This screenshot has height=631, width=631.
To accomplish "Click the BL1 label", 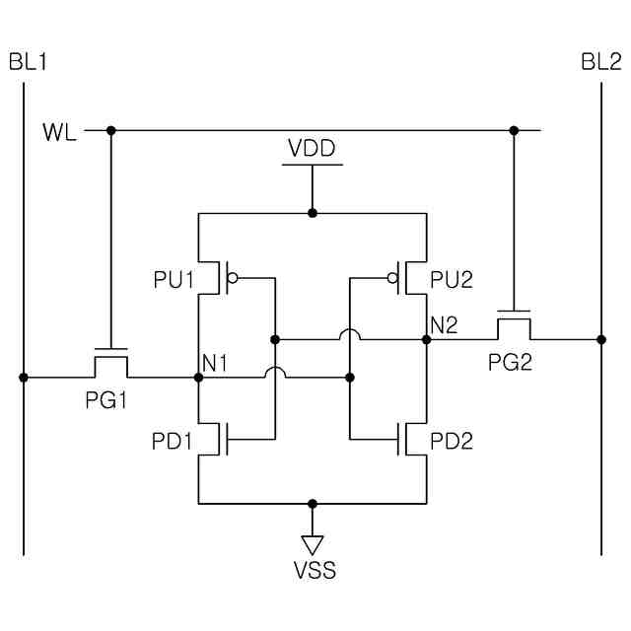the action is (x=28, y=62).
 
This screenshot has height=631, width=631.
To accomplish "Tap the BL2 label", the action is (x=601, y=62).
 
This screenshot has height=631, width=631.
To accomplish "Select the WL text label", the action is (x=59, y=132).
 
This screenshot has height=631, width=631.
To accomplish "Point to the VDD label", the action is (x=312, y=148).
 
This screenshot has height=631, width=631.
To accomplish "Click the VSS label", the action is (x=315, y=570).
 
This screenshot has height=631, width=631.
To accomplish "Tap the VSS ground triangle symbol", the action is (x=313, y=545).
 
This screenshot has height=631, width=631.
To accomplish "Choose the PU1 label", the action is (x=174, y=279).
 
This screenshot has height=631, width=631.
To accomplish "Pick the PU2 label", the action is (x=452, y=279).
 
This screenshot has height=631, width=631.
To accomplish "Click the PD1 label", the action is (x=172, y=441).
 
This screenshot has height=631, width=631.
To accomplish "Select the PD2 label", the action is (x=452, y=441).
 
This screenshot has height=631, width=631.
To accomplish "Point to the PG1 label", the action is (x=106, y=400).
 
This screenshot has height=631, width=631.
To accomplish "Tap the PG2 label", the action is (x=510, y=362).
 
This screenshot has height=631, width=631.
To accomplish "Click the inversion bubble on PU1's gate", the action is (x=233, y=278).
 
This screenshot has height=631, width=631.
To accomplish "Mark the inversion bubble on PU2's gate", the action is (x=392, y=278).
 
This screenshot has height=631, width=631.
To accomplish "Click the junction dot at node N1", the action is (x=198, y=378).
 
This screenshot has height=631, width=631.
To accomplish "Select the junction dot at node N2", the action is (x=427, y=339).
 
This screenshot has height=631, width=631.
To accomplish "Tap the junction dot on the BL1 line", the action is (x=24, y=378).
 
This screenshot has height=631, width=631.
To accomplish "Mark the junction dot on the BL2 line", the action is (x=601, y=339).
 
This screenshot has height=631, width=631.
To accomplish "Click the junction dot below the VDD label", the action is (x=313, y=213).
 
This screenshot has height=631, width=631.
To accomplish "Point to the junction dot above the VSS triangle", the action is (x=313, y=504).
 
